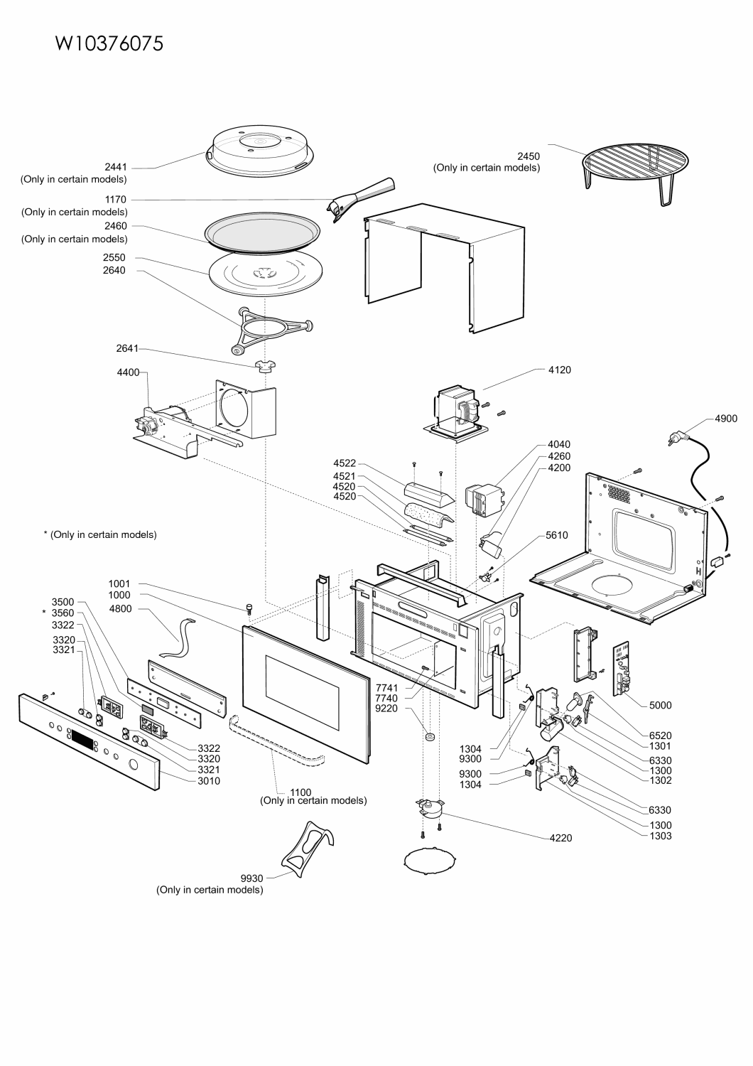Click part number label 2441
pos(116,167)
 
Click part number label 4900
pos(726,419)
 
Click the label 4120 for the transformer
pos(559,370)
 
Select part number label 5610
pos(557,535)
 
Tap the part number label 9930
pos(252,878)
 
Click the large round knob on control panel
pos(133,765)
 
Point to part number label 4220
pos(560,838)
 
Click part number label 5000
pos(660,706)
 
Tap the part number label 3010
pos(209,781)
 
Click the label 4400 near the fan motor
pos(128,372)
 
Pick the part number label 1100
pos(300,791)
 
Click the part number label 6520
pos(660,736)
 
